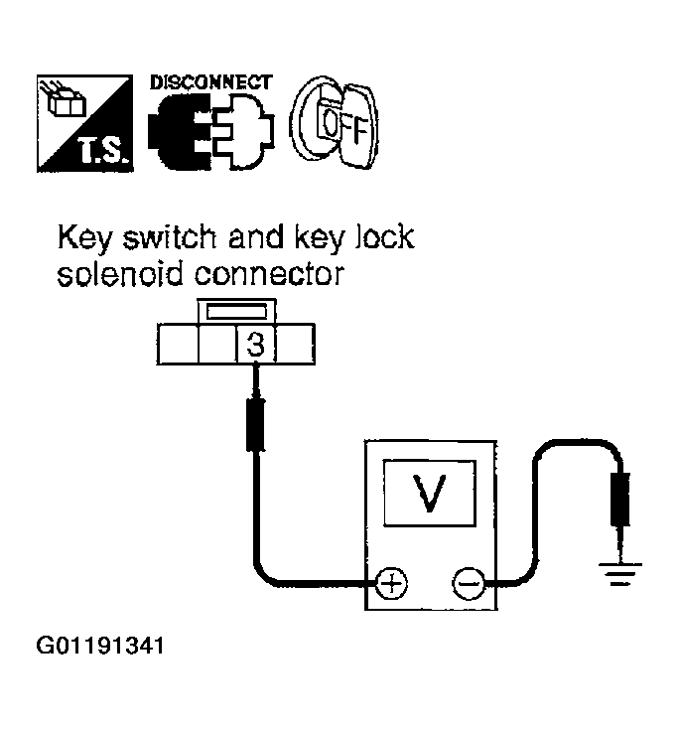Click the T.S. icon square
[84, 123]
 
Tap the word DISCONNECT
[211, 82]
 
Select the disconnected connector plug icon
[211, 131]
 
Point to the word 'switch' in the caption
[170, 236]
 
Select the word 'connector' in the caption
[269, 274]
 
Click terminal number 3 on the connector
[255, 345]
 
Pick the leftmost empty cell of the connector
[178, 344]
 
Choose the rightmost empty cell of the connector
[296, 344]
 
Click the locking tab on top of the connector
[236, 311]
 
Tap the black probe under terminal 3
[255, 424]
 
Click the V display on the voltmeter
[430, 493]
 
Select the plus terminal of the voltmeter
[391, 583]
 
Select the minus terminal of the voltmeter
[469, 583]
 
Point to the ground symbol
[620, 573]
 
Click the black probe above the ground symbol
[620, 500]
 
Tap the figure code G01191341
[100, 646]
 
